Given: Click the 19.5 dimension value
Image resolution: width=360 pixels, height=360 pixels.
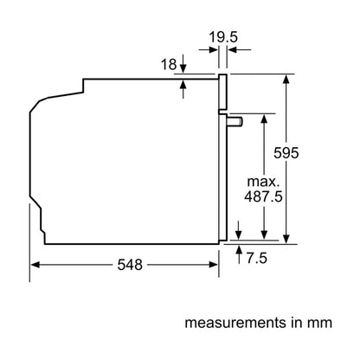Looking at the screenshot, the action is coord(223,37).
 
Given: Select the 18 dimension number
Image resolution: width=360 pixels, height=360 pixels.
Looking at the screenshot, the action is coord(169,64).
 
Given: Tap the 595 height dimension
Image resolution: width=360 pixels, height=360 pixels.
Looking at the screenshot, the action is coord(286,153).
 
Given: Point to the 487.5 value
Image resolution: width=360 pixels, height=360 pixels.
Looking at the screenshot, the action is coord(263,196).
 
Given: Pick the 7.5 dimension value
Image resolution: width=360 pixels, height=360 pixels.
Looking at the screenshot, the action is coord(256,258).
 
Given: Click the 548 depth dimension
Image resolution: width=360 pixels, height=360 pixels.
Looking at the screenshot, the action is coord(130,265).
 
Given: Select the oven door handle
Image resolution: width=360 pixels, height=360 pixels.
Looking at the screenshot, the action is coord(235,122).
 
